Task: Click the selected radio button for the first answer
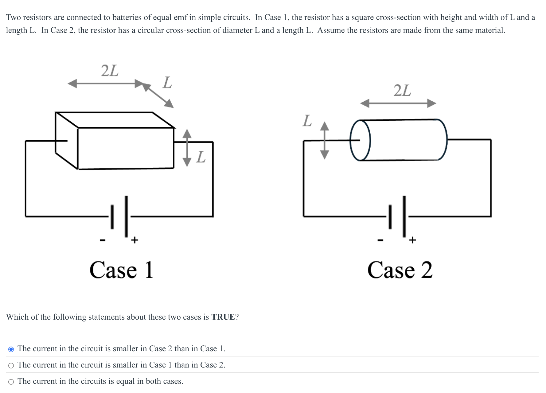click(x=11, y=349)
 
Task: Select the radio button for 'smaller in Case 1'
click(x=11, y=365)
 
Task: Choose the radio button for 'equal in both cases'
click(x=11, y=382)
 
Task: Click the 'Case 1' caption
click(x=121, y=270)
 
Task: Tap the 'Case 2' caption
click(x=400, y=270)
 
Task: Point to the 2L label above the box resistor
click(x=110, y=71)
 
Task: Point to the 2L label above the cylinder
click(x=402, y=91)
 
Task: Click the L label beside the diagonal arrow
click(x=167, y=82)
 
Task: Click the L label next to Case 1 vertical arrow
click(x=201, y=157)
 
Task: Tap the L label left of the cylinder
click(x=307, y=121)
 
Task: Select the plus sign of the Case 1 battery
click(x=135, y=240)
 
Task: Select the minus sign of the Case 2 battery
click(x=380, y=240)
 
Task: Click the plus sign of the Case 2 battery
click(x=412, y=240)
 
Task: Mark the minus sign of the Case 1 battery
click(x=103, y=240)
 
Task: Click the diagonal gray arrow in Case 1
click(x=158, y=95)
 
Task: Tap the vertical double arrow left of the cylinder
click(x=325, y=140)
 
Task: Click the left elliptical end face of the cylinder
click(x=360, y=140)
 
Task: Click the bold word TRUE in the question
click(x=223, y=317)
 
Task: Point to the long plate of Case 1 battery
click(x=126, y=216)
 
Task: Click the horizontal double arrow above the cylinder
click(x=398, y=103)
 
